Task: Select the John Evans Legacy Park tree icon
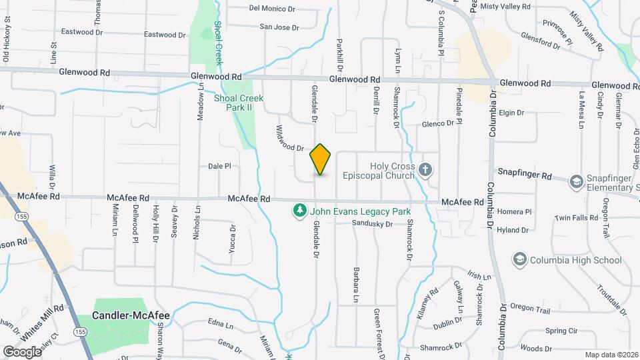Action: (300, 211)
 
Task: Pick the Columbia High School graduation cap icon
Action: (519, 259)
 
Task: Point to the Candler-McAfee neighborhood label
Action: (131, 315)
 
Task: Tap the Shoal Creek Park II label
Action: (239, 103)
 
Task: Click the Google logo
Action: (21, 351)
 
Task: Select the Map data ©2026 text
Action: (611, 355)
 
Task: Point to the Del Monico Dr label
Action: (272, 9)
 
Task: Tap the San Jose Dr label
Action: (279, 27)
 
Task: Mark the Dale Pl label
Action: (219, 166)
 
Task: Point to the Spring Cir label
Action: (561, 331)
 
